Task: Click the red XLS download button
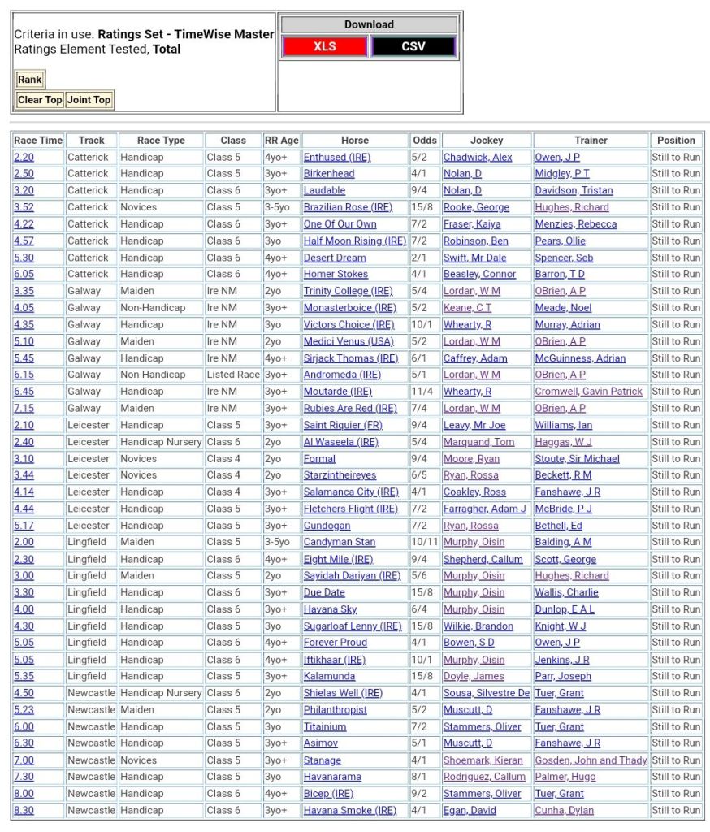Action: pos(325,46)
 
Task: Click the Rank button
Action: pos(30,80)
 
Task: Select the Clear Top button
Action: pos(40,100)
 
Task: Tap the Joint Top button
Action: pos(89,100)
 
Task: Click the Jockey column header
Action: pos(486,141)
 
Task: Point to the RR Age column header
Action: pos(281,141)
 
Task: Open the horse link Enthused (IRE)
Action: pos(336,157)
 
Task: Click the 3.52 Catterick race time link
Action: pos(24,207)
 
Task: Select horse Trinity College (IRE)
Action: pos(348,291)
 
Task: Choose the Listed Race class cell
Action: pos(232,375)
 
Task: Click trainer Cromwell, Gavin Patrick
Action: pos(588,392)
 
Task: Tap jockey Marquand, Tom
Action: pos(478,442)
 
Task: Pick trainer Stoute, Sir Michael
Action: pos(577,459)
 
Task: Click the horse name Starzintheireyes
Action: pos(340,475)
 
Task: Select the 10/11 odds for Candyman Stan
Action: pos(423,542)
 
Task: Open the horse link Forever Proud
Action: pos(335,643)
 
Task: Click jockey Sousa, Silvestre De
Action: pos(486,693)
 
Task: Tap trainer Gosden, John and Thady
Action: pos(591,760)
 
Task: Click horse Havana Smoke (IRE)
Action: pos(349,810)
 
